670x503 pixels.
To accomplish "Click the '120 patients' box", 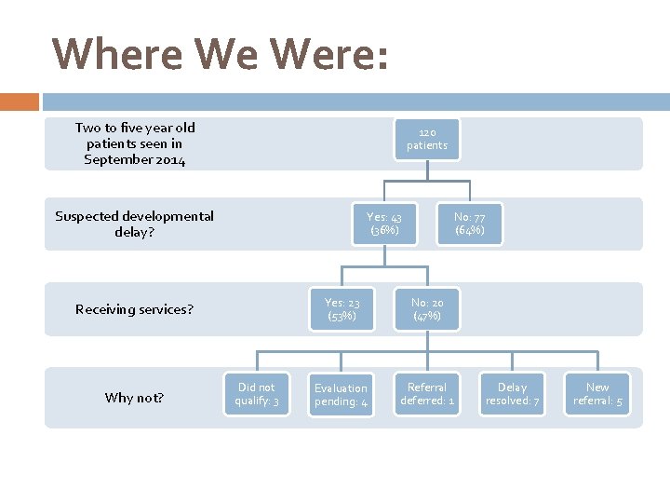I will pyautogui.click(x=426, y=139).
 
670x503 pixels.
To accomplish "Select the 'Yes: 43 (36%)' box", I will pyautogui.click(x=384, y=224).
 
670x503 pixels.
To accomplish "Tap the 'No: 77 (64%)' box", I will pyautogui.click(x=469, y=224).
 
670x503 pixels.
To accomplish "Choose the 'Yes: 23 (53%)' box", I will pyautogui.click(x=342, y=309).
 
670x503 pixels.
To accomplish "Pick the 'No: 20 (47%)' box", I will pyautogui.click(x=427, y=309).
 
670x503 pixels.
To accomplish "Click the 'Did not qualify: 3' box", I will pyautogui.click(x=256, y=394).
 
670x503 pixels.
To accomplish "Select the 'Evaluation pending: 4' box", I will pyautogui.click(x=341, y=394).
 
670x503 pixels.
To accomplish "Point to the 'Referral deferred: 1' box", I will pyautogui.click(x=427, y=394).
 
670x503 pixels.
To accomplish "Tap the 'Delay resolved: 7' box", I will pyautogui.click(x=512, y=394).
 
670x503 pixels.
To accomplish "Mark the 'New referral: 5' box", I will pyautogui.click(x=597, y=394).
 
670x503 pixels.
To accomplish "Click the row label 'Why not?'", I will pyautogui.click(x=134, y=398).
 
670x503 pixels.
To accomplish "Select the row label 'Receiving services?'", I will pyautogui.click(x=134, y=309).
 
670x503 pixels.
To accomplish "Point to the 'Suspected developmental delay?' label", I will pyautogui.click(x=134, y=224).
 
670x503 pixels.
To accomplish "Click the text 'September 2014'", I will pyautogui.click(x=134, y=160).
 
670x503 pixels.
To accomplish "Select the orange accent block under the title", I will pyautogui.click(x=20, y=102).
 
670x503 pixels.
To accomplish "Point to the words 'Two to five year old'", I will pyautogui.click(x=135, y=128).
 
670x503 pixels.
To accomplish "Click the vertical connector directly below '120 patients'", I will pyautogui.click(x=426, y=170).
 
